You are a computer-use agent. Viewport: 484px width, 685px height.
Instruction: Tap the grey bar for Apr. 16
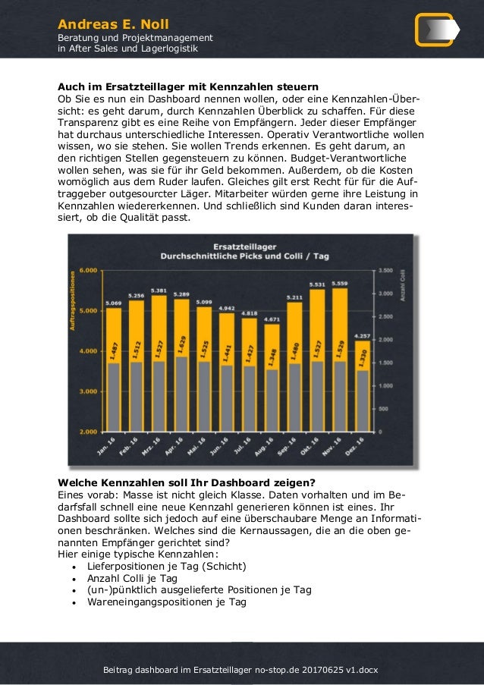[181, 394]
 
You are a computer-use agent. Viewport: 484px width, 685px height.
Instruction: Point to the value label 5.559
[339, 284]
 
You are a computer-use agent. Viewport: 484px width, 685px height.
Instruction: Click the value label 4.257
[362, 336]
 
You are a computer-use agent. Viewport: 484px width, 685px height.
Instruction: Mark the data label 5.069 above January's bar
[113, 303]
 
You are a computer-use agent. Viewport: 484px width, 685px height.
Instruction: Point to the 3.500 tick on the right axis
[385, 270]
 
